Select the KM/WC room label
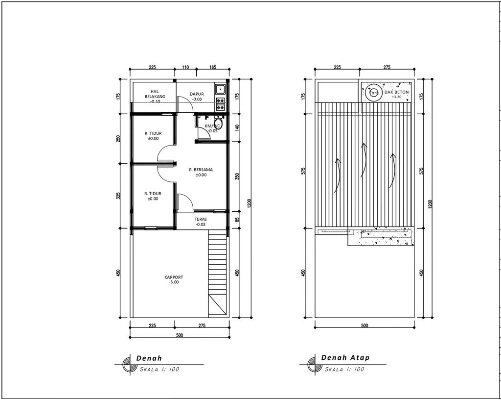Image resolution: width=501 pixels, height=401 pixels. (212, 126)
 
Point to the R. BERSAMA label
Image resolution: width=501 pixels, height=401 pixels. (201, 169)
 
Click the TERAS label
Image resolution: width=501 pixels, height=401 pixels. (200, 220)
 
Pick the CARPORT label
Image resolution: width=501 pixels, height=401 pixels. (174, 277)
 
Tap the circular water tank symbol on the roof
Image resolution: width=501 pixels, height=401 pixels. (374, 93)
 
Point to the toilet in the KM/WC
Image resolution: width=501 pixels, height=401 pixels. (218, 124)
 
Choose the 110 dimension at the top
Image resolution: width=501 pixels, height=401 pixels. (185, 67)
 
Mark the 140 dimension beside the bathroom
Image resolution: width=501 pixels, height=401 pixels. (237, 128)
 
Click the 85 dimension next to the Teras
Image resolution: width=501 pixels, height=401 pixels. (237, 220)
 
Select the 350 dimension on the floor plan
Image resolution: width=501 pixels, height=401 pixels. (237, 176)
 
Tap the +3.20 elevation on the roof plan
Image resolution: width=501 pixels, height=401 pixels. (396, 98)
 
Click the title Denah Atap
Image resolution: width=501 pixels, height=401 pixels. (345, 358)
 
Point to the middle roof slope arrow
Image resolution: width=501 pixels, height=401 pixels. (363, 159)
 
